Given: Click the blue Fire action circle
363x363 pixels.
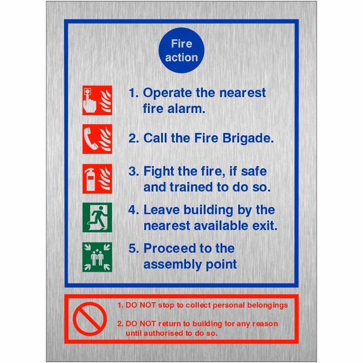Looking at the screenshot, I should (x=181, y=51).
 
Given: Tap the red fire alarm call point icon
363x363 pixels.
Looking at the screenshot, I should (x=97, y=100).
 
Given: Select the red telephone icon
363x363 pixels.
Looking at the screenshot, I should (x=97, y=138).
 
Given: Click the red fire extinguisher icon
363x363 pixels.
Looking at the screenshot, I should (x=97, y=179).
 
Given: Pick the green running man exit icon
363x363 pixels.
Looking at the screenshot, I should (x=97, y=217).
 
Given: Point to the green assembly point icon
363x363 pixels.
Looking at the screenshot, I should (x=97, y=257).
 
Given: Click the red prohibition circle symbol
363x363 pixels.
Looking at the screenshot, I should (x=89, y=319).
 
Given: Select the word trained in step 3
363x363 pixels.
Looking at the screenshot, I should (x=191, y=187).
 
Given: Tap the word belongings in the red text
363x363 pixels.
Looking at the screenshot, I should (x=265, y=305).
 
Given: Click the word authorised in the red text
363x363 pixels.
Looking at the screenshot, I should (x=167, y=333).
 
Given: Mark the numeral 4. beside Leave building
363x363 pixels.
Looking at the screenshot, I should (x=133, y=210).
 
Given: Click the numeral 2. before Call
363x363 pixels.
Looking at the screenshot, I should (x=133, y=138).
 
